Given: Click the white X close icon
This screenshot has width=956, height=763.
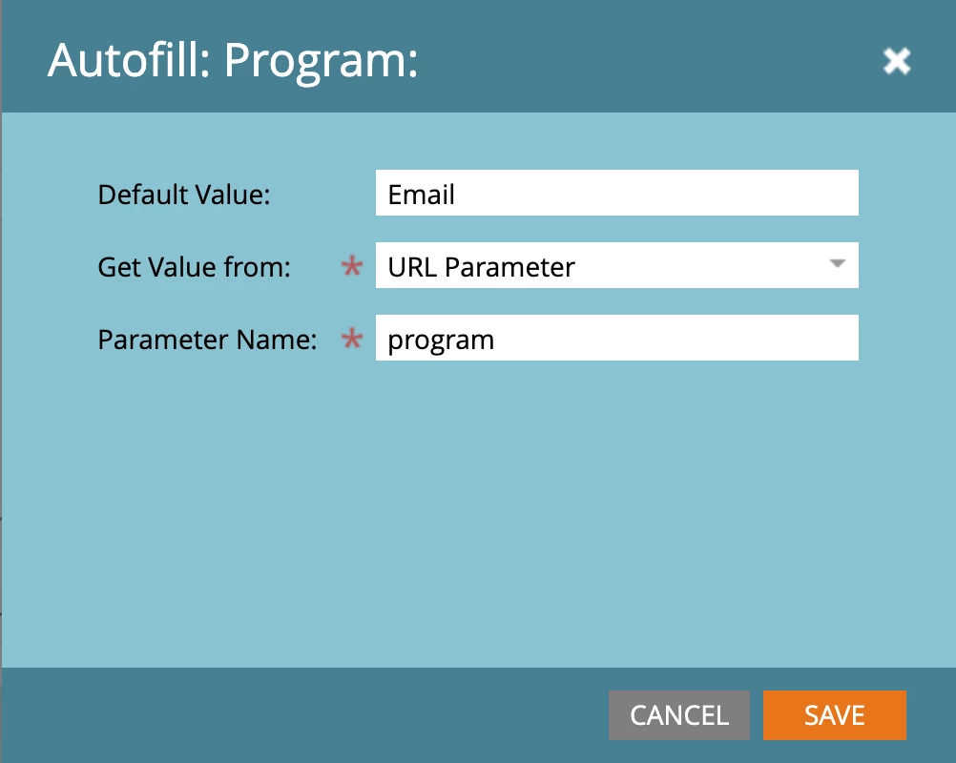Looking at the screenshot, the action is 897,61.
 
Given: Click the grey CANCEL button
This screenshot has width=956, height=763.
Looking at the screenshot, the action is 679,715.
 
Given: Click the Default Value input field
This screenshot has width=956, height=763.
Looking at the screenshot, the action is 617,193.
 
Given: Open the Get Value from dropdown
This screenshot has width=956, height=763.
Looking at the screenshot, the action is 617,265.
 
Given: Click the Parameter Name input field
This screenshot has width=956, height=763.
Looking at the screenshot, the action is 617,338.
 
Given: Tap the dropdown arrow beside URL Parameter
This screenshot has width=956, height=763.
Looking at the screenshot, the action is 838,263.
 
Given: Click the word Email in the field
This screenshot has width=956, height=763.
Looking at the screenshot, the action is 422,195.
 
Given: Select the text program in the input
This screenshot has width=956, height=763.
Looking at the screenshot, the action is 441,340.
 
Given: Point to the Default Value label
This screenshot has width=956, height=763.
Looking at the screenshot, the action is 184,195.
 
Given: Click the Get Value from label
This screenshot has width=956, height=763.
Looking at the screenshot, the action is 195,267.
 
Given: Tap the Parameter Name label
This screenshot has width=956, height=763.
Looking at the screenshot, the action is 207,340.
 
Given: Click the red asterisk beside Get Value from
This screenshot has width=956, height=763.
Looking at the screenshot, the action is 352,266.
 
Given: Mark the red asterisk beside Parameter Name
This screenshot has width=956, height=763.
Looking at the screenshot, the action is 352,339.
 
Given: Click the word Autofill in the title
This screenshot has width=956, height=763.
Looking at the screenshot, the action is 129,60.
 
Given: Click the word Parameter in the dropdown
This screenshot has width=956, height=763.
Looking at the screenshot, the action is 509,268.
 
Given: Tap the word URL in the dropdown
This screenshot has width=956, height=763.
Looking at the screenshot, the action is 412,268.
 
